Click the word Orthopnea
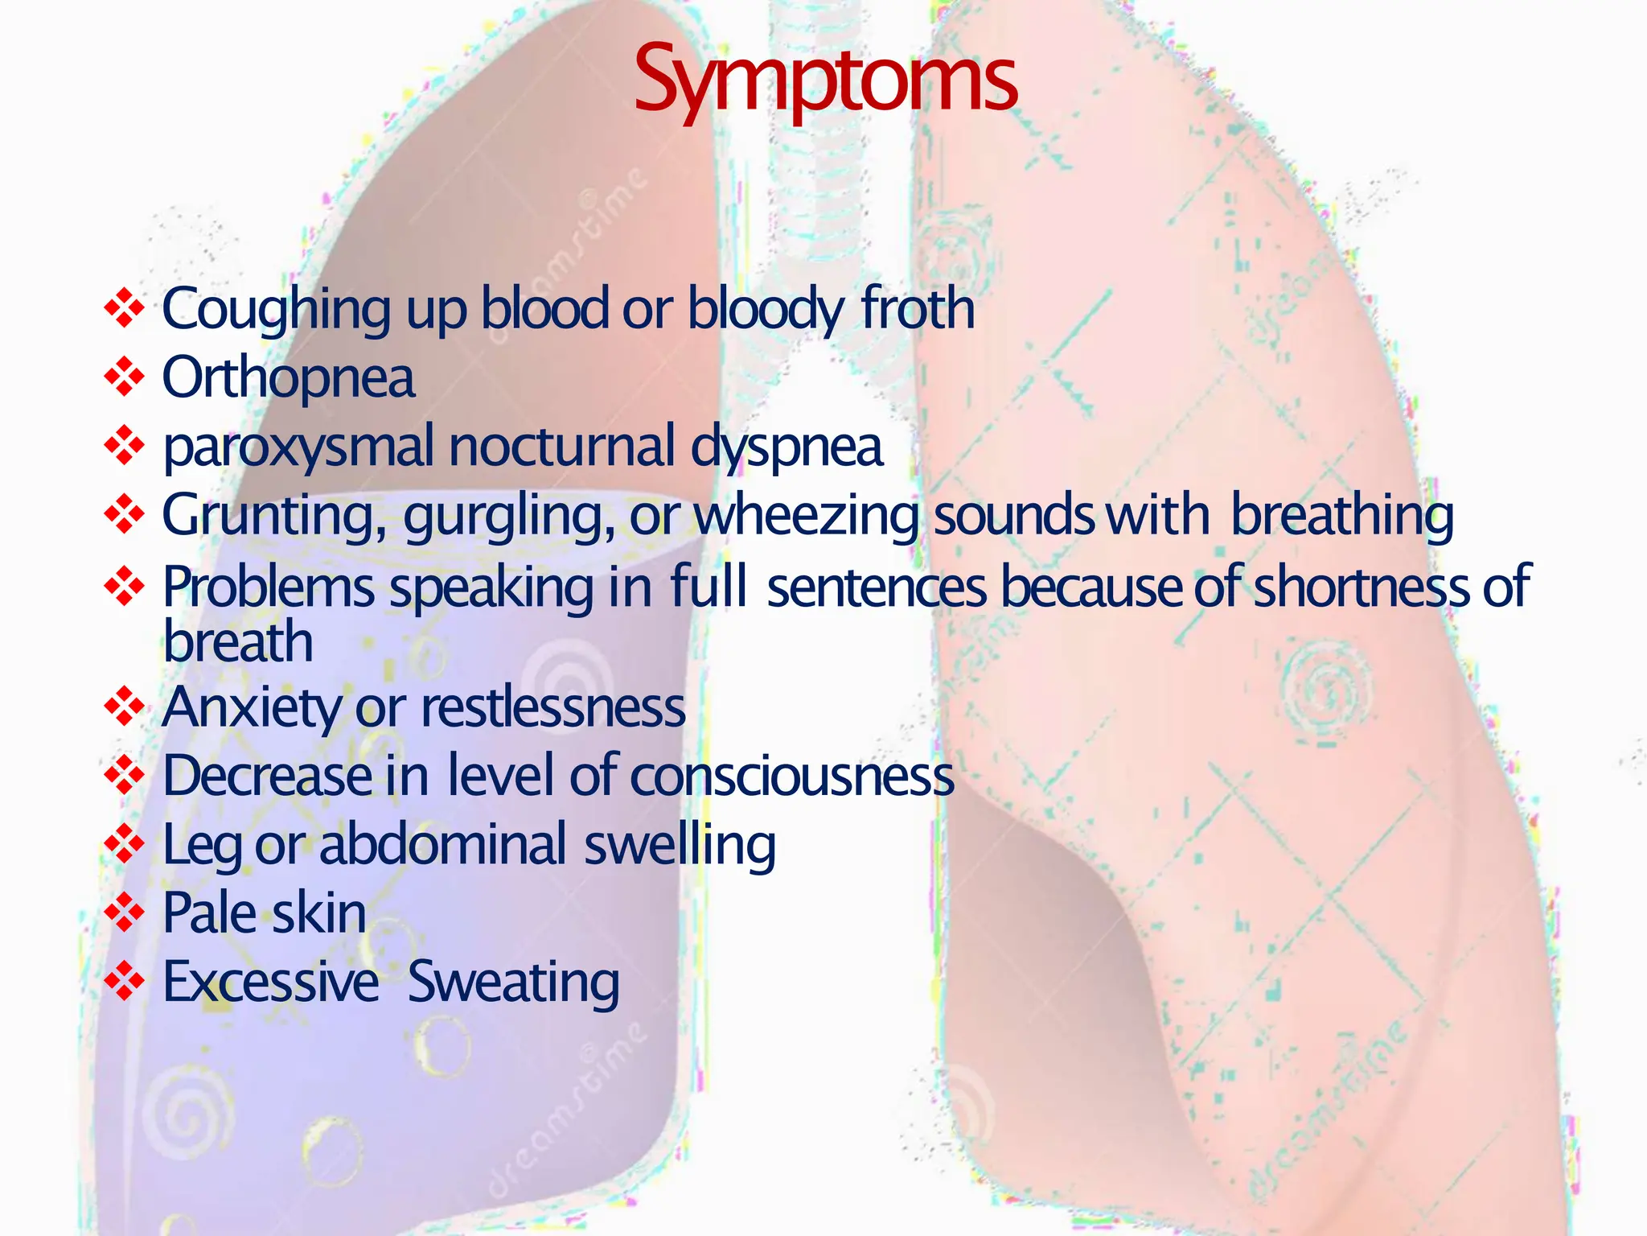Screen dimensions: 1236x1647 click(x=289, y=378)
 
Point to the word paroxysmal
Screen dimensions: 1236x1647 click(x=298, y=447)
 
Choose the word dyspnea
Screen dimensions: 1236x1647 click(x=787, y=447)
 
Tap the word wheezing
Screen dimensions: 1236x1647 click(x=806, y=515)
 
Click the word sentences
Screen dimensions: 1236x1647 click(x=877, y=586)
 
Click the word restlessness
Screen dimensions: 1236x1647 click(x=553, y=708)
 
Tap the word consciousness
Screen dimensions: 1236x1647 click(x=792, y=776)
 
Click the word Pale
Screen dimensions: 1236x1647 click(x=209, y=913)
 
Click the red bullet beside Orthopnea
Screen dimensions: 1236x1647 click(x=124, y=377)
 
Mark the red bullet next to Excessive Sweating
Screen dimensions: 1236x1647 click(x=124, y=981)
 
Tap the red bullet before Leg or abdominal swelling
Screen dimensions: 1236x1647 click(x=124, y=844)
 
